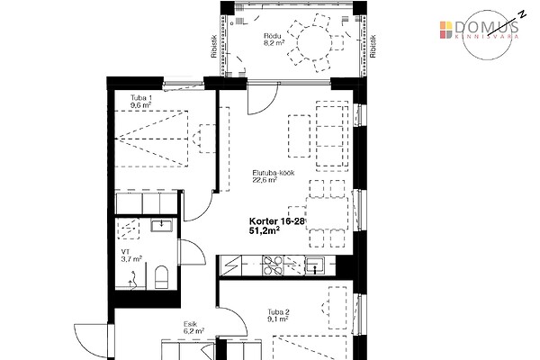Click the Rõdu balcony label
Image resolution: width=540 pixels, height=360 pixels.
(273, 36)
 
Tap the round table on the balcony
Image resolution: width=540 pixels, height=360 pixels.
(314, 43)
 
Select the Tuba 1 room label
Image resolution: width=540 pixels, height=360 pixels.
(141, 98)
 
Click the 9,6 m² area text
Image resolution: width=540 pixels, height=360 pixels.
(141, 105)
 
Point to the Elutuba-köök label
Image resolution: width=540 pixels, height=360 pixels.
(274, 173)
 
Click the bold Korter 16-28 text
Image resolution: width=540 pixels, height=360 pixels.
(277, 221)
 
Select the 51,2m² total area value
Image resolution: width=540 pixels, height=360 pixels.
(264, 230)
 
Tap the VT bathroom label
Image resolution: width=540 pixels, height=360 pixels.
(125, 252)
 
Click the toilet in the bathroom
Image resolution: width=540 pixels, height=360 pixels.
(161, 276)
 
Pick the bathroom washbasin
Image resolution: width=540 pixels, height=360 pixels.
(161, 225)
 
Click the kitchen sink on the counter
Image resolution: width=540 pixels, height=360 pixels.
(315, 265)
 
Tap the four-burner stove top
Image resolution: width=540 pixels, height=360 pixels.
(273, 265)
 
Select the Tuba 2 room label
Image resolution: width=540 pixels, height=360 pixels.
(279, 312)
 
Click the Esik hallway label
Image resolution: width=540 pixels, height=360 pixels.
(190, 324)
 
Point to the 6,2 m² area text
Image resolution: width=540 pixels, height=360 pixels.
(193, 331)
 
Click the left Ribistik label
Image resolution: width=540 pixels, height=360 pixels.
(214, 46)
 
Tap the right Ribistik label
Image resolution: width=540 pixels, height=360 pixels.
(373, 46)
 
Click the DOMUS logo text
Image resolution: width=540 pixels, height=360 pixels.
(486, 27)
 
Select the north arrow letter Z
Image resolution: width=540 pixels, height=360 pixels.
(523, 13)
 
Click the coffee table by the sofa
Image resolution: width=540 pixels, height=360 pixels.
(299, 136)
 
